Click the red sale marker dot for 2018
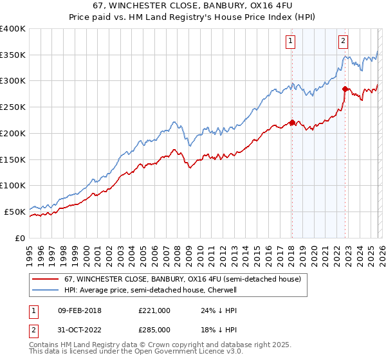pyautogui.click(x=291, y=122)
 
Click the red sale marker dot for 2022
pyautogui.click(x=345, y=89)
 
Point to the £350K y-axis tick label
pyautogui.click(x=13, y=55)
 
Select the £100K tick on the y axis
pyautogui.click(x=13, y=185)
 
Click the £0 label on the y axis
pyautogui.click(x=19, y=237)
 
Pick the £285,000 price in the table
pyautogui.click(x=154, y=330)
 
